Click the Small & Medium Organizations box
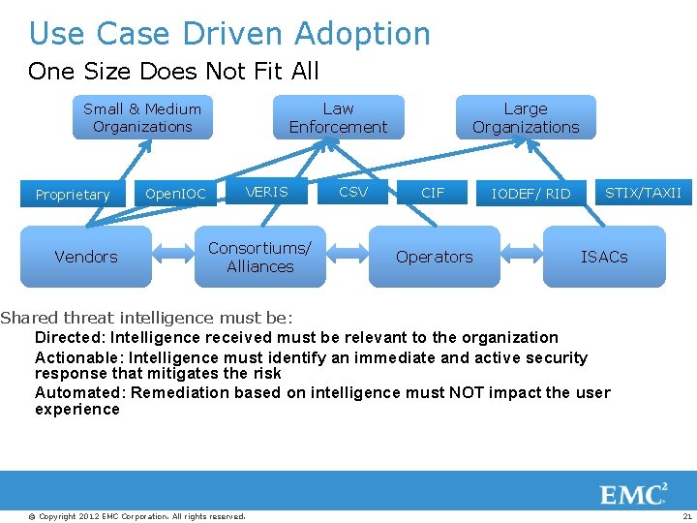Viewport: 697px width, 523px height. tap(142, 118)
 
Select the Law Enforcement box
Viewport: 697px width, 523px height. tap(338, 118)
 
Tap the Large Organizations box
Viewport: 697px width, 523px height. tap(526, 118)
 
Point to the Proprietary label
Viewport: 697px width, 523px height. tap(73, 195)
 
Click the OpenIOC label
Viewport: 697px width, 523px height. tap(175, 194)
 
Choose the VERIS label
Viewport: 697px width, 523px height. tap(266, 192)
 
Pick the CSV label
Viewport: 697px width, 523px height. tap(353, 192)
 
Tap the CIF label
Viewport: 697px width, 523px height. tap(433, 193)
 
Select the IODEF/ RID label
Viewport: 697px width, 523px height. tap(530, 194)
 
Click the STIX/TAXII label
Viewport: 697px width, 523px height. tap(643, 193)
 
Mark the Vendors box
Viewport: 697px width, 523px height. tap(86, 257)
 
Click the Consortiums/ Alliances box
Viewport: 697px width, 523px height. tap(259, 257)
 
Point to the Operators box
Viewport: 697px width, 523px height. tap(435, 257)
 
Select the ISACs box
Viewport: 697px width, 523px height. tap(604, 257)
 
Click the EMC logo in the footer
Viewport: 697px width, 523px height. tap(634, 495)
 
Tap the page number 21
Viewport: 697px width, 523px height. tap(686, 516)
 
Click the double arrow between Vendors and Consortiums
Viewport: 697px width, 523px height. tap(173, 257)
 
